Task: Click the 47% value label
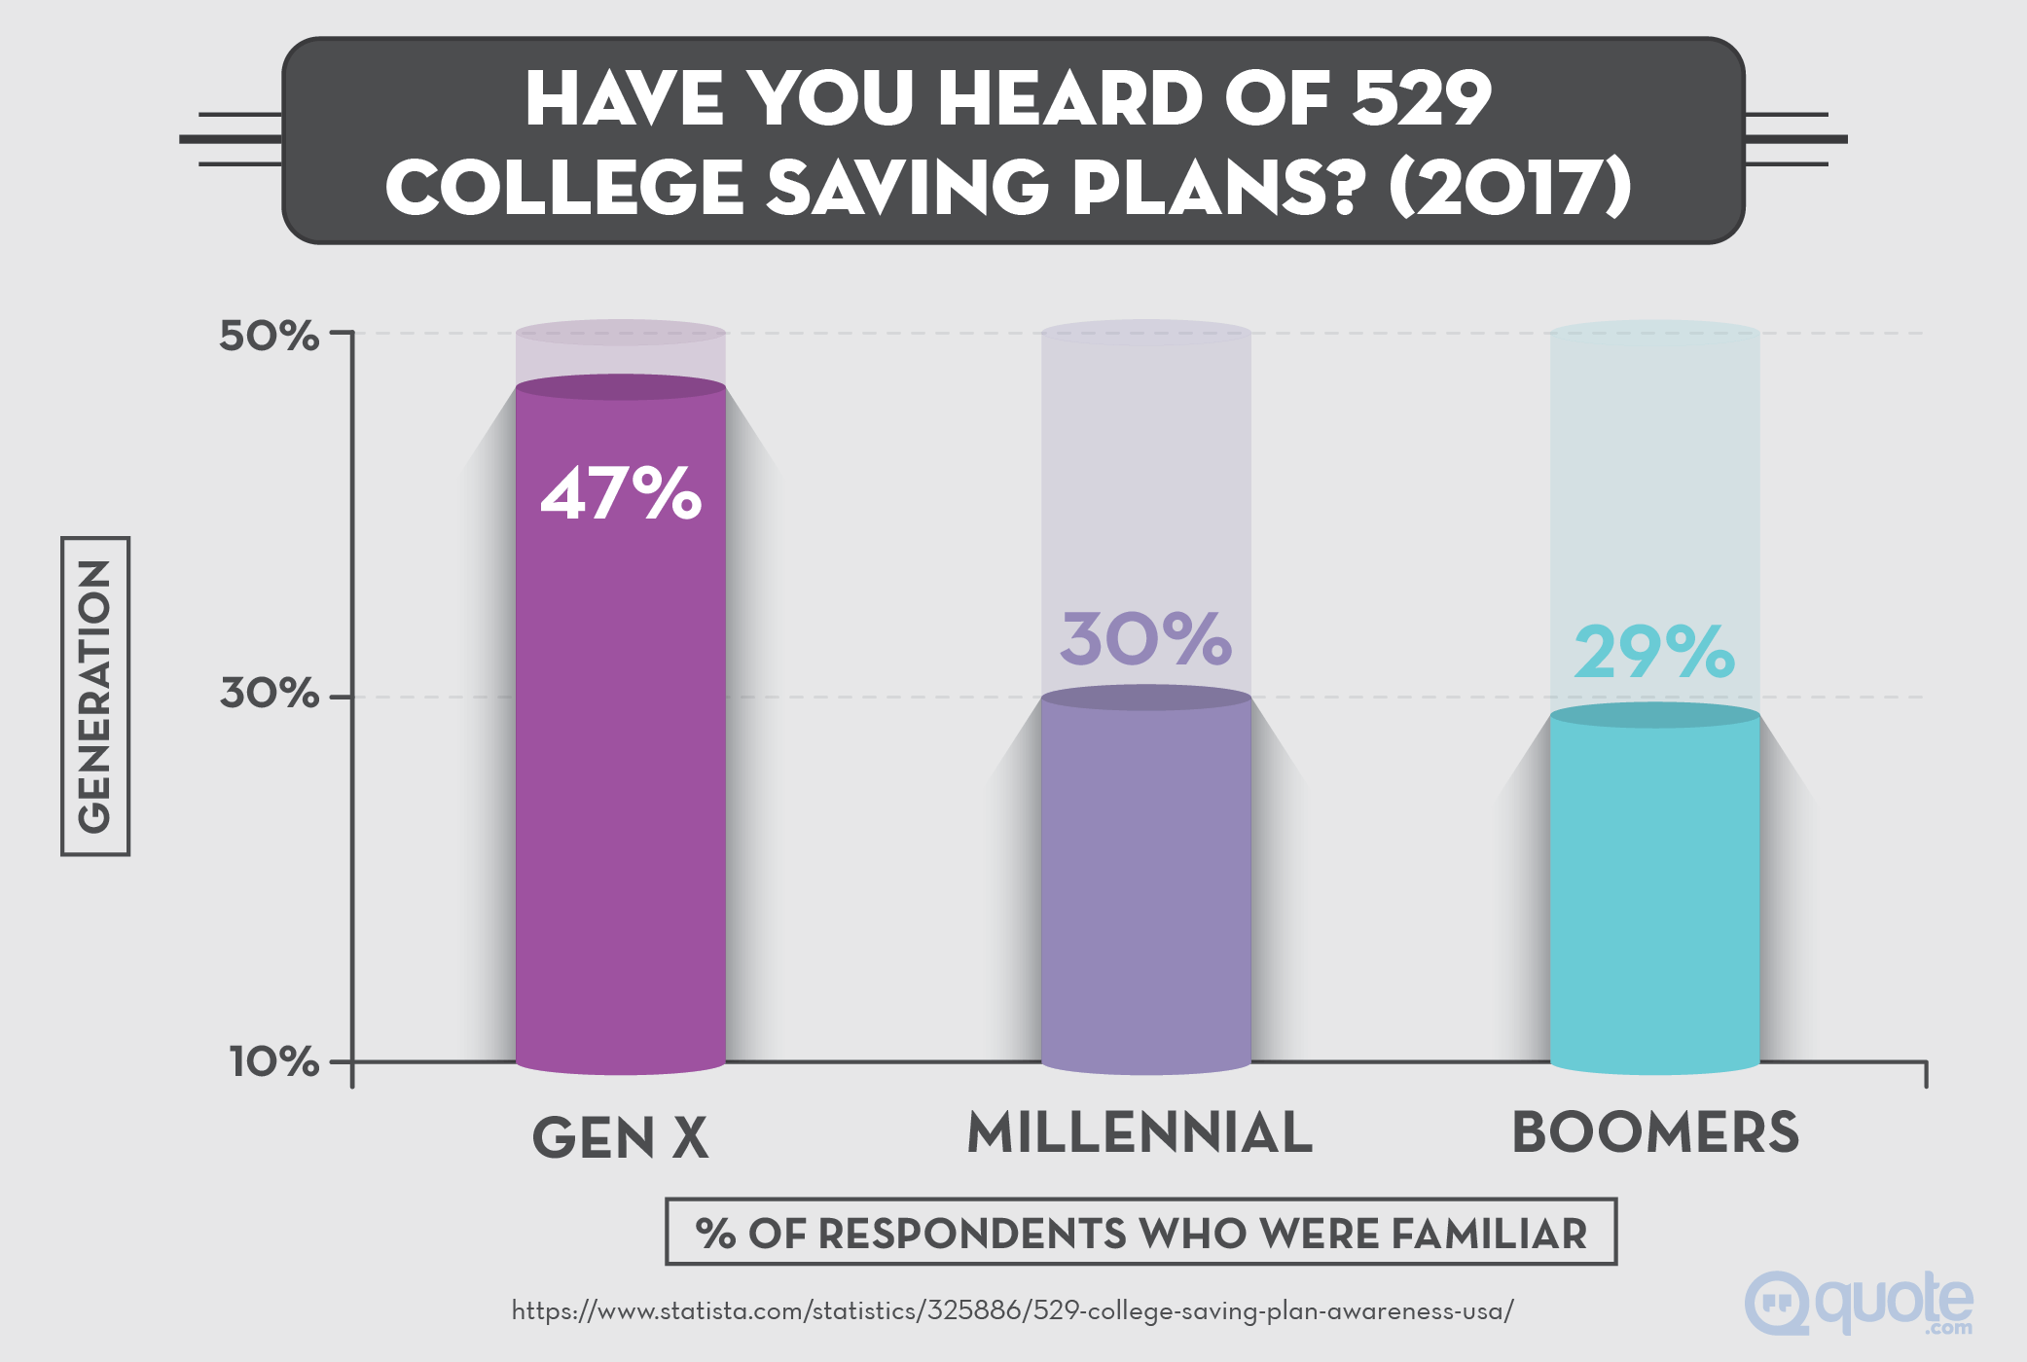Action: [x=621, y=493]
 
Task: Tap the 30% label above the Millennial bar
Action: [x=1145, y=639]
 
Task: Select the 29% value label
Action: [x=1653, y=652]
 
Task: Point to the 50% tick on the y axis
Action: [x=269, y=336]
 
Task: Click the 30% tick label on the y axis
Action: [x=269, y=693]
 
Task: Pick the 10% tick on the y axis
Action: [x=273, y=1060]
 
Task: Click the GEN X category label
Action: [x=620, y=1137]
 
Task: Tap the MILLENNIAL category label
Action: [x=1140, y=1133]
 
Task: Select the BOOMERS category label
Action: [x=1654, y=1133]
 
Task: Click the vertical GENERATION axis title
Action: [x=95, y=696]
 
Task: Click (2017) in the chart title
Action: [x=1509, y=186]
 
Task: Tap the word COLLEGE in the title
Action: [x=565, y=186]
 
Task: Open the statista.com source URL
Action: [x=1012, y=1311]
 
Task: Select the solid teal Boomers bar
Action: [x=1654, y=895]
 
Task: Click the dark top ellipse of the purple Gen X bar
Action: [x=620, y=387]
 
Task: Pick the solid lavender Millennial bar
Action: [x=1145, y=885]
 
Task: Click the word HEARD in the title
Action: [x=1070, y=98]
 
